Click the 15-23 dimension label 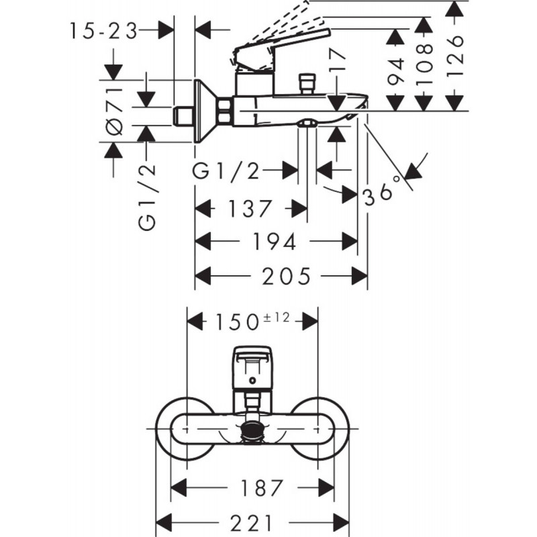[103, 31]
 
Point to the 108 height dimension [422, 60]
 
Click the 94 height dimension [395, 70]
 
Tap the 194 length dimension [275, 242]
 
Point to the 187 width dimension [252, 487]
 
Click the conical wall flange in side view [204, 111]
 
